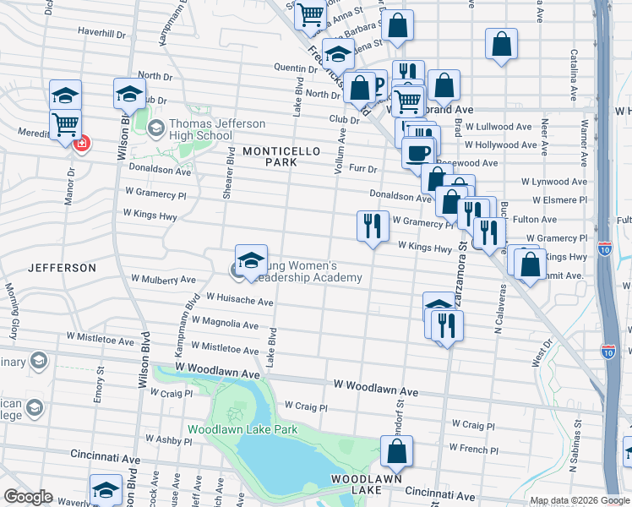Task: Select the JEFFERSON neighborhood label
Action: pos(62,267)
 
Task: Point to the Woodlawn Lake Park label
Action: pos(242,429)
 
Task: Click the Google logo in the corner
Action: pos(28,497)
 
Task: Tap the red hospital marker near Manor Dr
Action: pos(81,144)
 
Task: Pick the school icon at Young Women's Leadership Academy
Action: pos(251,260)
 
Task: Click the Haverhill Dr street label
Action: pos(101,35)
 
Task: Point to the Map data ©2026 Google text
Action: pos(579,499)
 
